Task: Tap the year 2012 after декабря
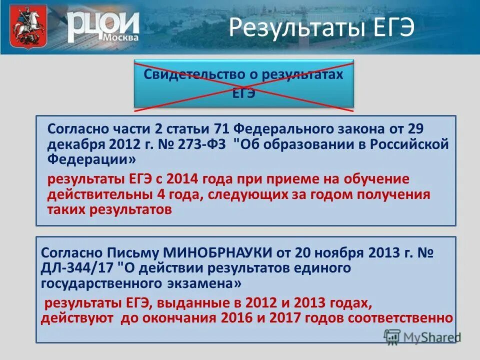118,144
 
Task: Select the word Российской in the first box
407,144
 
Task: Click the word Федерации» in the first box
91,159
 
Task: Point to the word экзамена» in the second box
202,283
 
